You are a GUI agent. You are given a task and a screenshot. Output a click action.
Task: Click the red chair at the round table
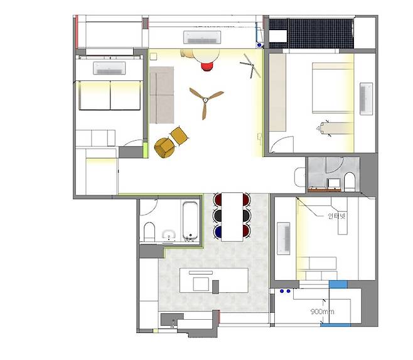[x=207, y=67]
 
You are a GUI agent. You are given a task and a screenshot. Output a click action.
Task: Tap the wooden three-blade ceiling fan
[x=205, y=101]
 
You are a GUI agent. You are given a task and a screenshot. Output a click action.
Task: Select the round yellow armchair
[x=164, y=148]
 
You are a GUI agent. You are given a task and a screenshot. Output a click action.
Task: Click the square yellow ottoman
[x=179, y=136]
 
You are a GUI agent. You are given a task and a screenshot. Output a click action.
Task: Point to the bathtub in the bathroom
[x=190, y=221]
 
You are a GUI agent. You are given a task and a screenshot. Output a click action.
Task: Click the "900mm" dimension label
[x=323, y=312]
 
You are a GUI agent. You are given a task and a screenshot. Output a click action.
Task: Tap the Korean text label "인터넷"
[x=336, y=216]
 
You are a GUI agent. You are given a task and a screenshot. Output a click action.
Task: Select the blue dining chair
[x=218, y=231]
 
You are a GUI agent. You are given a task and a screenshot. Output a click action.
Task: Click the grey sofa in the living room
[x=162, y=95]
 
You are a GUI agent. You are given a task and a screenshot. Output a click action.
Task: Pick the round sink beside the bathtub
[x=169, y=234]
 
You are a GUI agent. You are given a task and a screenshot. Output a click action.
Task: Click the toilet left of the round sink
[x=149, y=232]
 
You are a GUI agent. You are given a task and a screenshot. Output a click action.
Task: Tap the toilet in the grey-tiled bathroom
[x=350, y=182]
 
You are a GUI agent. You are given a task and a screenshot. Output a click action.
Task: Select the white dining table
[x=232, y=217]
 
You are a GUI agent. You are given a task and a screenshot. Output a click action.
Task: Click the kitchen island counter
[x=214, y=280]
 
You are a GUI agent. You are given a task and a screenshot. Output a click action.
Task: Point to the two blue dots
[x=285, y=291]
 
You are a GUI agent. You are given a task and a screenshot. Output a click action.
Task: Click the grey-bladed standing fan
[x=250, y=66]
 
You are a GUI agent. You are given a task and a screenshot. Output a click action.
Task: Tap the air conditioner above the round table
[x=202, y=37]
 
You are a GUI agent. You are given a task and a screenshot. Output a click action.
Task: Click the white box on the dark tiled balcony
[x=278, y=36]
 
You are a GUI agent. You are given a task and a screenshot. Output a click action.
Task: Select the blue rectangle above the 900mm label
[x=338, y=285]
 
